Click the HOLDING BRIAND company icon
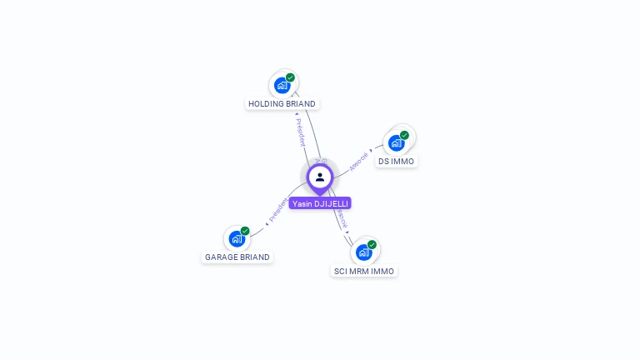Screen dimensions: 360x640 [x=282, y=85]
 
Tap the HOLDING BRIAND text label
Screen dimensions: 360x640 [x=282, y=104]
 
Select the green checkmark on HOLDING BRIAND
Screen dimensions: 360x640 [x=290, y=77]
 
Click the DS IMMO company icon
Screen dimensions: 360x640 [x=397, y=142]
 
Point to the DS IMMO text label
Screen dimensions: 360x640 [x=396, y=162]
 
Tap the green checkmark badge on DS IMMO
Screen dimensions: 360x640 [x=404, y=135]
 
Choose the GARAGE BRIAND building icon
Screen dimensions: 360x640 [x=237, y=238]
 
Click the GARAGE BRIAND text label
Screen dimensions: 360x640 [x=237, y=257]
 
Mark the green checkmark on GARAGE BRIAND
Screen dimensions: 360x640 [x=245, y=231]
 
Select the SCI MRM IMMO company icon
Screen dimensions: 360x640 [x=364, y=252]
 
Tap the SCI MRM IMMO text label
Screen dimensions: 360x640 [x=364, y=272]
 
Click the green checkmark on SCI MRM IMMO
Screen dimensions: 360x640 [x=372, y=245]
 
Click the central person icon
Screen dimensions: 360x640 [x=320, y=177]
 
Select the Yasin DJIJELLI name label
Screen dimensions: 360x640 [x=320, y=203]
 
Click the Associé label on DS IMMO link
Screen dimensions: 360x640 [x=359, y=160]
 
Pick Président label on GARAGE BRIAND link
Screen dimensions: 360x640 [x=278, y=211]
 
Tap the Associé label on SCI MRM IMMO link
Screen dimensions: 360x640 [x=342, y=221]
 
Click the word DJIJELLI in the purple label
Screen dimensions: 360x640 [x=331, y=203]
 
